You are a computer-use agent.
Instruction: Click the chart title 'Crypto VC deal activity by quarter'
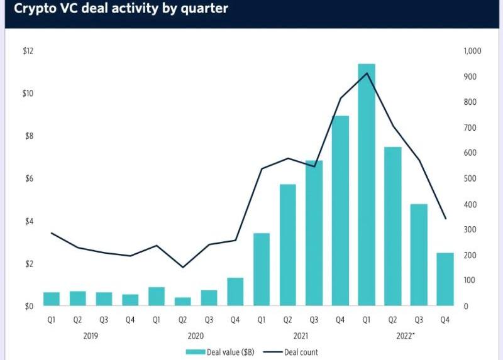117,9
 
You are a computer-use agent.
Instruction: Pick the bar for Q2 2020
183,302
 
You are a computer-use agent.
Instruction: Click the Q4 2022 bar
445,279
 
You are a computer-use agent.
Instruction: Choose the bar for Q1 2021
262,270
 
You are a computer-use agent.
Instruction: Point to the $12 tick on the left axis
28,51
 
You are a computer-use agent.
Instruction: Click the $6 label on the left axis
28,179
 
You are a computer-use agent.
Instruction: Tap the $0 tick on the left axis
28,307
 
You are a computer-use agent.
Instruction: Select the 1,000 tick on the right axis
472,51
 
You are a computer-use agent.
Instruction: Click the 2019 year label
91,336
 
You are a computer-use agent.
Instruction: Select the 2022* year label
405,336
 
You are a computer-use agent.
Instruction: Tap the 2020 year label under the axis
196,336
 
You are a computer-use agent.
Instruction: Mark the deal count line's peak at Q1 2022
367,74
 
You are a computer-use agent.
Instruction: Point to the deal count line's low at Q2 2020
183,268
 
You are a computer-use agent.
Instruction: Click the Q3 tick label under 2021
314,320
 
